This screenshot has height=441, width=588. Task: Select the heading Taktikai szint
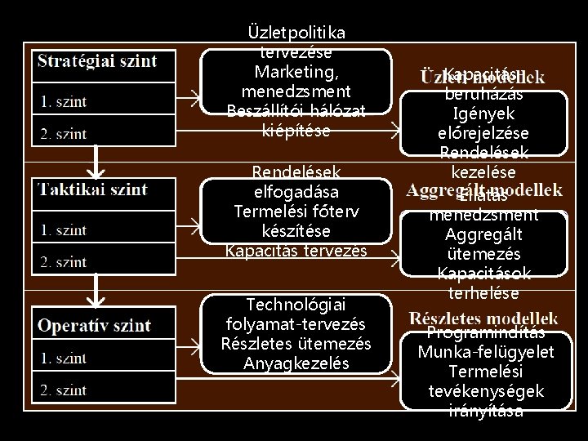tap(91, 189)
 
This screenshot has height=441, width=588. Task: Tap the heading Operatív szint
tap(94, 325)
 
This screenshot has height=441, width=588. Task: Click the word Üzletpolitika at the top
tap(296, 32)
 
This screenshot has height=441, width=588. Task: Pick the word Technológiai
tap(296, 305)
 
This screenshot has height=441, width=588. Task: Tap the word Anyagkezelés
tap(296, 363)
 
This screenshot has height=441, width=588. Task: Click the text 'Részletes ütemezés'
tap(296, 344)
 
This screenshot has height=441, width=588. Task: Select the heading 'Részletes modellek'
tap(484, 317)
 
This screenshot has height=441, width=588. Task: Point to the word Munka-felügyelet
tap(485, 352)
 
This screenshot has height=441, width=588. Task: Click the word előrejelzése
tap(485, 132)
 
